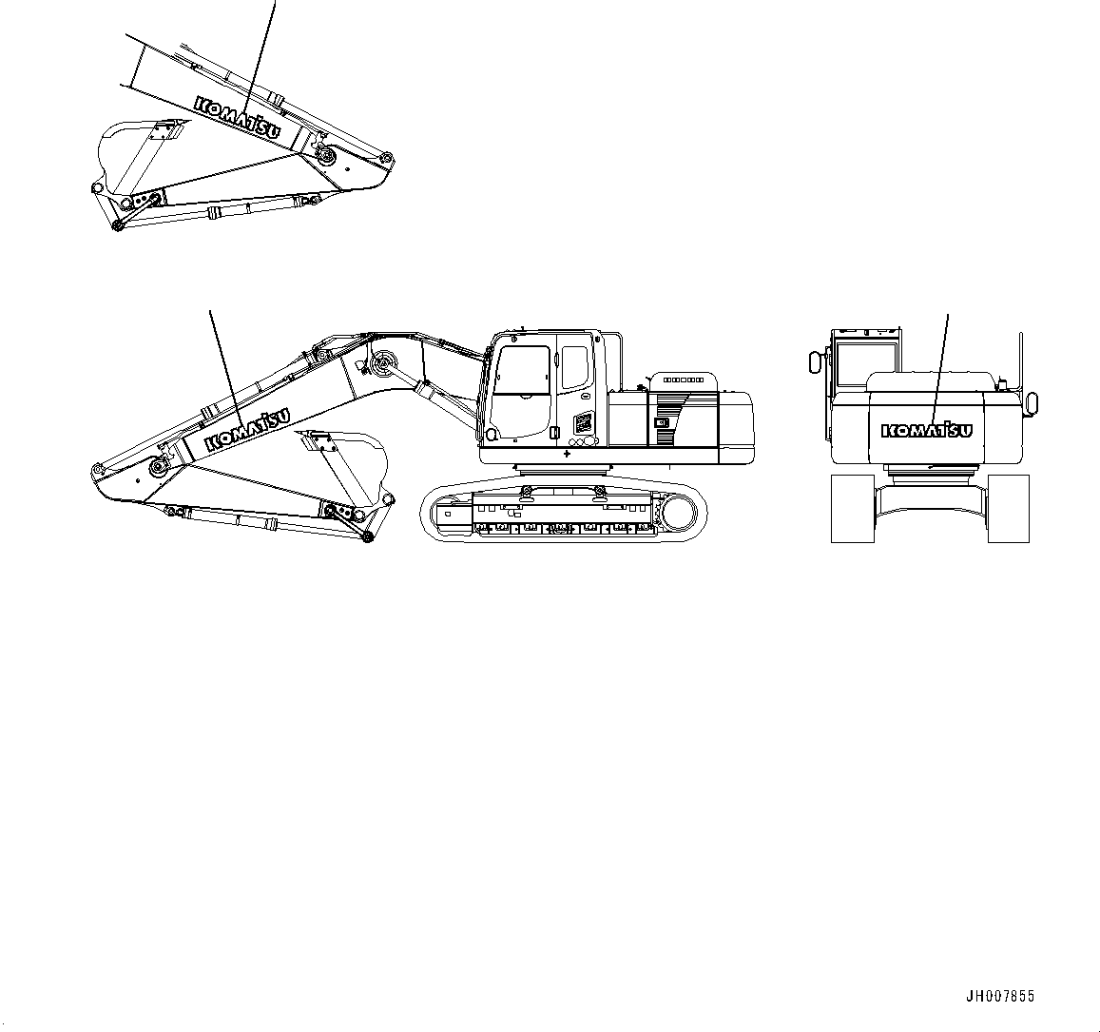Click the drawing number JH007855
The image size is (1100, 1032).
pyautogui.click(x=1000, y=997)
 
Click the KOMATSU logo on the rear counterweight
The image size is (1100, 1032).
pyautogui.click(x=927, y=430)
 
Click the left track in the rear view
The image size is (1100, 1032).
pyautogui.click(x=852, y=508)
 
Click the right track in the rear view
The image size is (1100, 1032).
pyautogui.click(x=1008, y=508)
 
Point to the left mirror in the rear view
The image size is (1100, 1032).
pyautogui.click(x=814, y=362)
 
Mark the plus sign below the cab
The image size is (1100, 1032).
pyautogui.click(x=567, y=455)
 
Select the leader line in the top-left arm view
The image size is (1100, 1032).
pyautogui.click(x=263, y=48)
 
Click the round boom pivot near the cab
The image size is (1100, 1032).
pyautogui.click(x=384, y=362)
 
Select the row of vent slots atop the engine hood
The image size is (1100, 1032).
pyautogui.click(x=683, y=380)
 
